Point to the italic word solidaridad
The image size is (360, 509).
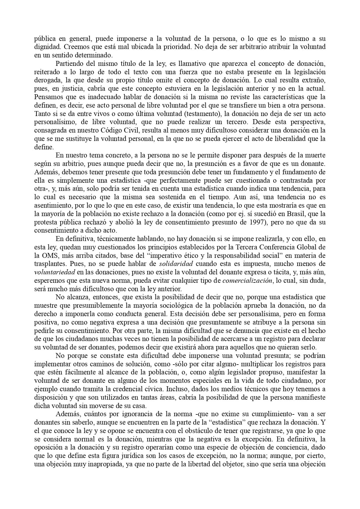tap(176, 264)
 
